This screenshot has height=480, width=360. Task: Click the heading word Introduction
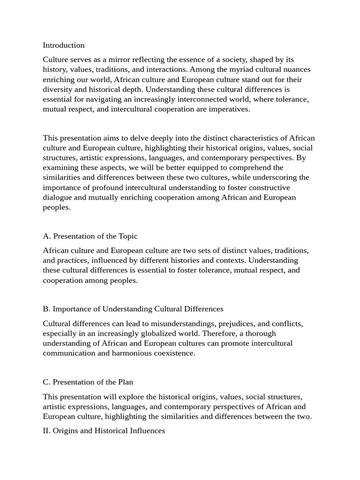point(64,45)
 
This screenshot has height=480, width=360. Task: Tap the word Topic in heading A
point(127,236)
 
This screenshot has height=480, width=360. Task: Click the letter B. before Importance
point(46,309)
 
